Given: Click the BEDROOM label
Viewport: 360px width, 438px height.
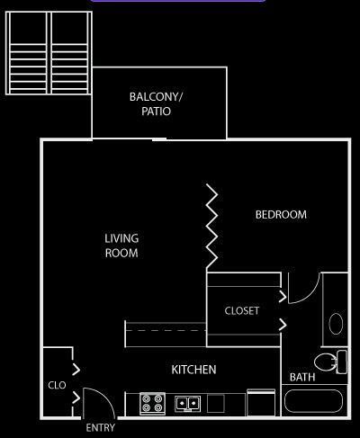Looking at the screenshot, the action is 281,215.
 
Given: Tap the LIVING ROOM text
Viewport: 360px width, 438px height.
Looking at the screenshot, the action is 121,246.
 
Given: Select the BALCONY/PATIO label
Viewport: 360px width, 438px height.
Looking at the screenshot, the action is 156,104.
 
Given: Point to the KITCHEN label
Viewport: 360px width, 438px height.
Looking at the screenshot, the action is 193,370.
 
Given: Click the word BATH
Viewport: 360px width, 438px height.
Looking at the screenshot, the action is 302,377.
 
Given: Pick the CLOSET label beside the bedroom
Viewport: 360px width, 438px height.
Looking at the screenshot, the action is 242,310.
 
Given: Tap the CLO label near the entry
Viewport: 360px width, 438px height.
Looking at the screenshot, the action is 57,385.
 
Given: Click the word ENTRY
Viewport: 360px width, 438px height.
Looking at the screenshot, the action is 100,428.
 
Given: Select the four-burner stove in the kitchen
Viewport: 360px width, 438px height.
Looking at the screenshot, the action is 152,404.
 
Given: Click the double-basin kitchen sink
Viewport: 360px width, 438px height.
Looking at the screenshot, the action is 188,404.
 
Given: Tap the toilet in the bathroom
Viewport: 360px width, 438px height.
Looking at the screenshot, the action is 331,362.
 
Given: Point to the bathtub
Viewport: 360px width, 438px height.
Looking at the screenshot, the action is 313,401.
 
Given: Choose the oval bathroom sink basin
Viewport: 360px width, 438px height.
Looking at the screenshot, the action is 336,324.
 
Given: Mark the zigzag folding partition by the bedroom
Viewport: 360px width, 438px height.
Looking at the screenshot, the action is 211,227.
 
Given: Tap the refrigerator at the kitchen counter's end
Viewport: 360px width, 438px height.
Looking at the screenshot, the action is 261,403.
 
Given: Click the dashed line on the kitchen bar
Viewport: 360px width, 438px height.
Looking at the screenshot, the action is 166,331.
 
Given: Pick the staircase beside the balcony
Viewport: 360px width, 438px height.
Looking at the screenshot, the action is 49,53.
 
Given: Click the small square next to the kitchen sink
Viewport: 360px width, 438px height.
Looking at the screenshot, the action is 216,404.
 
